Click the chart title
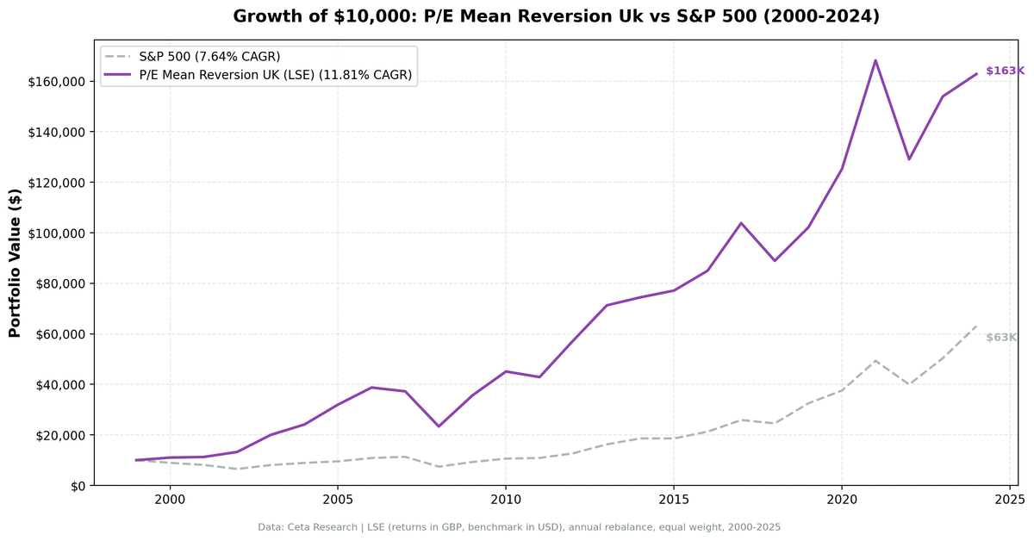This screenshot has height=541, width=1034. [x=556, y=16]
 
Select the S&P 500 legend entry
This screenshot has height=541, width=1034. [x=209, y=56]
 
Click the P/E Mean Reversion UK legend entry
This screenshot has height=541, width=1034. [x=275, y=76]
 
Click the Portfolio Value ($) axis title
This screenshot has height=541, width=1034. [x=15, y=263]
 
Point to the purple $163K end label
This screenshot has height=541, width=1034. [x=1005, y=71]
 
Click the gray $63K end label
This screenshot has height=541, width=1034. [x=1001, y=338]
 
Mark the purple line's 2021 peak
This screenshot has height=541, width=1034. [x=875, y=60]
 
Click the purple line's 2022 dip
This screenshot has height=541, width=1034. [x=909, y=159]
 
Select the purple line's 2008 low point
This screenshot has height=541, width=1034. [x=439, y=426]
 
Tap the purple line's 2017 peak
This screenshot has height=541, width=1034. [x=741, y=223]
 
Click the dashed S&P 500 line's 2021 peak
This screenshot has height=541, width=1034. [x=875, y=361]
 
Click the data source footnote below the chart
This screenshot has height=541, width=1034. [x=519, y=527]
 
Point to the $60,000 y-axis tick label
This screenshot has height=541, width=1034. [x=59, y=334]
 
